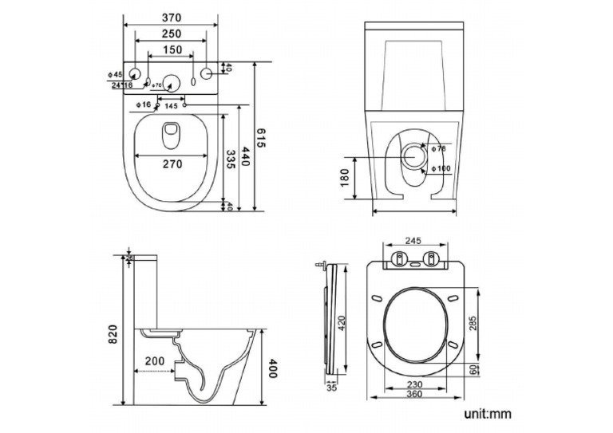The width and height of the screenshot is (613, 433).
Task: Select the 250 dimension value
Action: [170, 33]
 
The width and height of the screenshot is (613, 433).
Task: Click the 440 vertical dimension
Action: [245, 158]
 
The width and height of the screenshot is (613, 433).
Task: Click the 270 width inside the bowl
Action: [172, 164]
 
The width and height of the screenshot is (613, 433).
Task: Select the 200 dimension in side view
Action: [155, 361]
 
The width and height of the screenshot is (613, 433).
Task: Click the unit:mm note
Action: [487, 414]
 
